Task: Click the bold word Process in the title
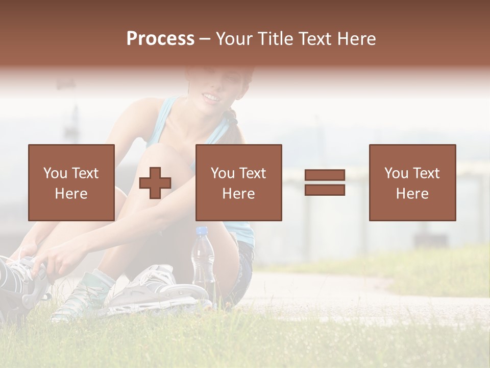tap(160, 39)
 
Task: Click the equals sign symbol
tap(325, 182)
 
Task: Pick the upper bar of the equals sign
tap(325, 175)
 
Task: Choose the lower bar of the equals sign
tap(325, 190)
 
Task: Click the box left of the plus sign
tap(71, 182)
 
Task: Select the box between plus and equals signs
tap(238, 182)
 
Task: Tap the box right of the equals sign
tap(412, 182)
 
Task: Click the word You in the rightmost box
tap(396, 173)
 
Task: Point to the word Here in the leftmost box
tap(71, 194)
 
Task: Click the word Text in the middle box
tap(253, 173)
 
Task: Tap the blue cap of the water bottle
tap(202, 232)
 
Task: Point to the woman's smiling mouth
tap(210, 97)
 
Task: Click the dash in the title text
tap(205, 39)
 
